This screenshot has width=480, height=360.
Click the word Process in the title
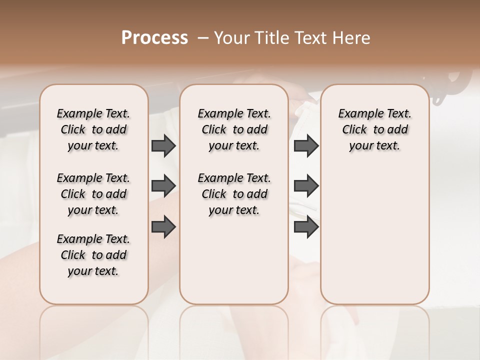pyautogui.click(x=154, y=38)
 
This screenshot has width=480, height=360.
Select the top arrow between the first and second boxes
pyautogui.click(x=163, y=145)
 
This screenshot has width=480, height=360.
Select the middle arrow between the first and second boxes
pyautogui.click(x=163, y=185)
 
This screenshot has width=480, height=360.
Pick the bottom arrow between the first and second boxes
pyautogui.click(x=163, y=226)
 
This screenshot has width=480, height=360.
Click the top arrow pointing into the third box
pyautogui.click(x=306, y=145)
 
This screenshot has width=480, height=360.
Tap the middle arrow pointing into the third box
pyautogui.click(x=306, y=185)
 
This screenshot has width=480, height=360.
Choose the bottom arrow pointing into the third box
pyautogui.click(x=306, y=226)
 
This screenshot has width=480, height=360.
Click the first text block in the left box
pyautogui.click(x=93, y=129)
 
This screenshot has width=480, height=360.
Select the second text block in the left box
pyautogui.click(x=93, y=194)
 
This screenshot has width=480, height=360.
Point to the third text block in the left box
pyautogui.click(x=93, y=255)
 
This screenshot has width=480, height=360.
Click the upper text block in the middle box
pyautogui.click(x=234, y=129)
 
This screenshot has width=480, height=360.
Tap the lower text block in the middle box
pyautogui.click(x=234, y=194)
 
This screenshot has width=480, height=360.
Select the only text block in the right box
pyautogui.click(x=374, y=129)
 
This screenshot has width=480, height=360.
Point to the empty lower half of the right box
pyautogui.click(x=374, y=235)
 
